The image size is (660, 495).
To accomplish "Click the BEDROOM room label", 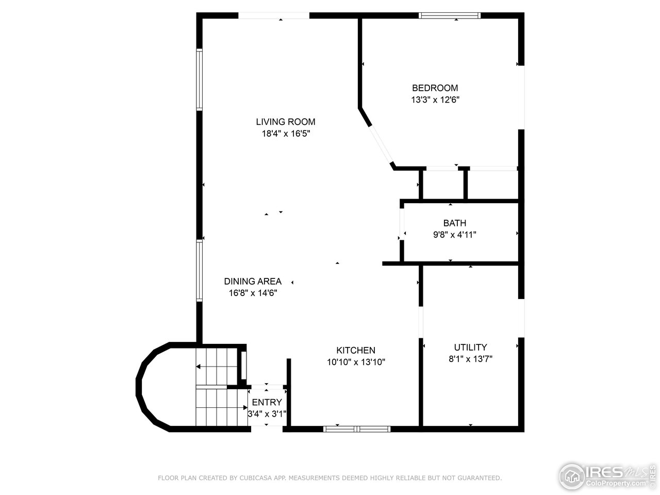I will (x=435, y=88).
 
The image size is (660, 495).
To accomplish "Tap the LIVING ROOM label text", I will (x=285, y=122).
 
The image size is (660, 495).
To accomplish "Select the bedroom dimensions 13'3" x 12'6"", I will (x=435, y=100).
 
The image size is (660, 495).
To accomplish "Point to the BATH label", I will (x=454, y=223).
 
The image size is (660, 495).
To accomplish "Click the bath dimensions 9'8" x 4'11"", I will (x=454, y=235).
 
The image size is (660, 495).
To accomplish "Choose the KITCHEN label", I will (x=356, y=351).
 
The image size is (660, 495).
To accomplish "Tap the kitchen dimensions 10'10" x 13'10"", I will (x=356, y=362).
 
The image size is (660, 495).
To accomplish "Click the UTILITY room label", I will (x=470, y=348).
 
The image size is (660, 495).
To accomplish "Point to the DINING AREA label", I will (x=253, y=282).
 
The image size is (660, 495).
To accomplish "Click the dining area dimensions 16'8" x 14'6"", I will (x=253, y=293).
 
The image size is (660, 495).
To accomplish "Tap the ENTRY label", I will (x=267, y=402).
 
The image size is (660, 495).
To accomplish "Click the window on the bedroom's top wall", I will (x=450, y=15).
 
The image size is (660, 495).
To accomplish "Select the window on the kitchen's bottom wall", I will (x=357, y=428).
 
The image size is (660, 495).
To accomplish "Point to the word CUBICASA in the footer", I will (x=256, y=478).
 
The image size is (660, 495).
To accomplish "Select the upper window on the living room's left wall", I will (x=199, y=79).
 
